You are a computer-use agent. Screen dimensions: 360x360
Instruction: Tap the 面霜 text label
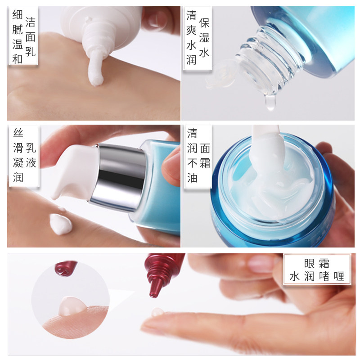point(205,155)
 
